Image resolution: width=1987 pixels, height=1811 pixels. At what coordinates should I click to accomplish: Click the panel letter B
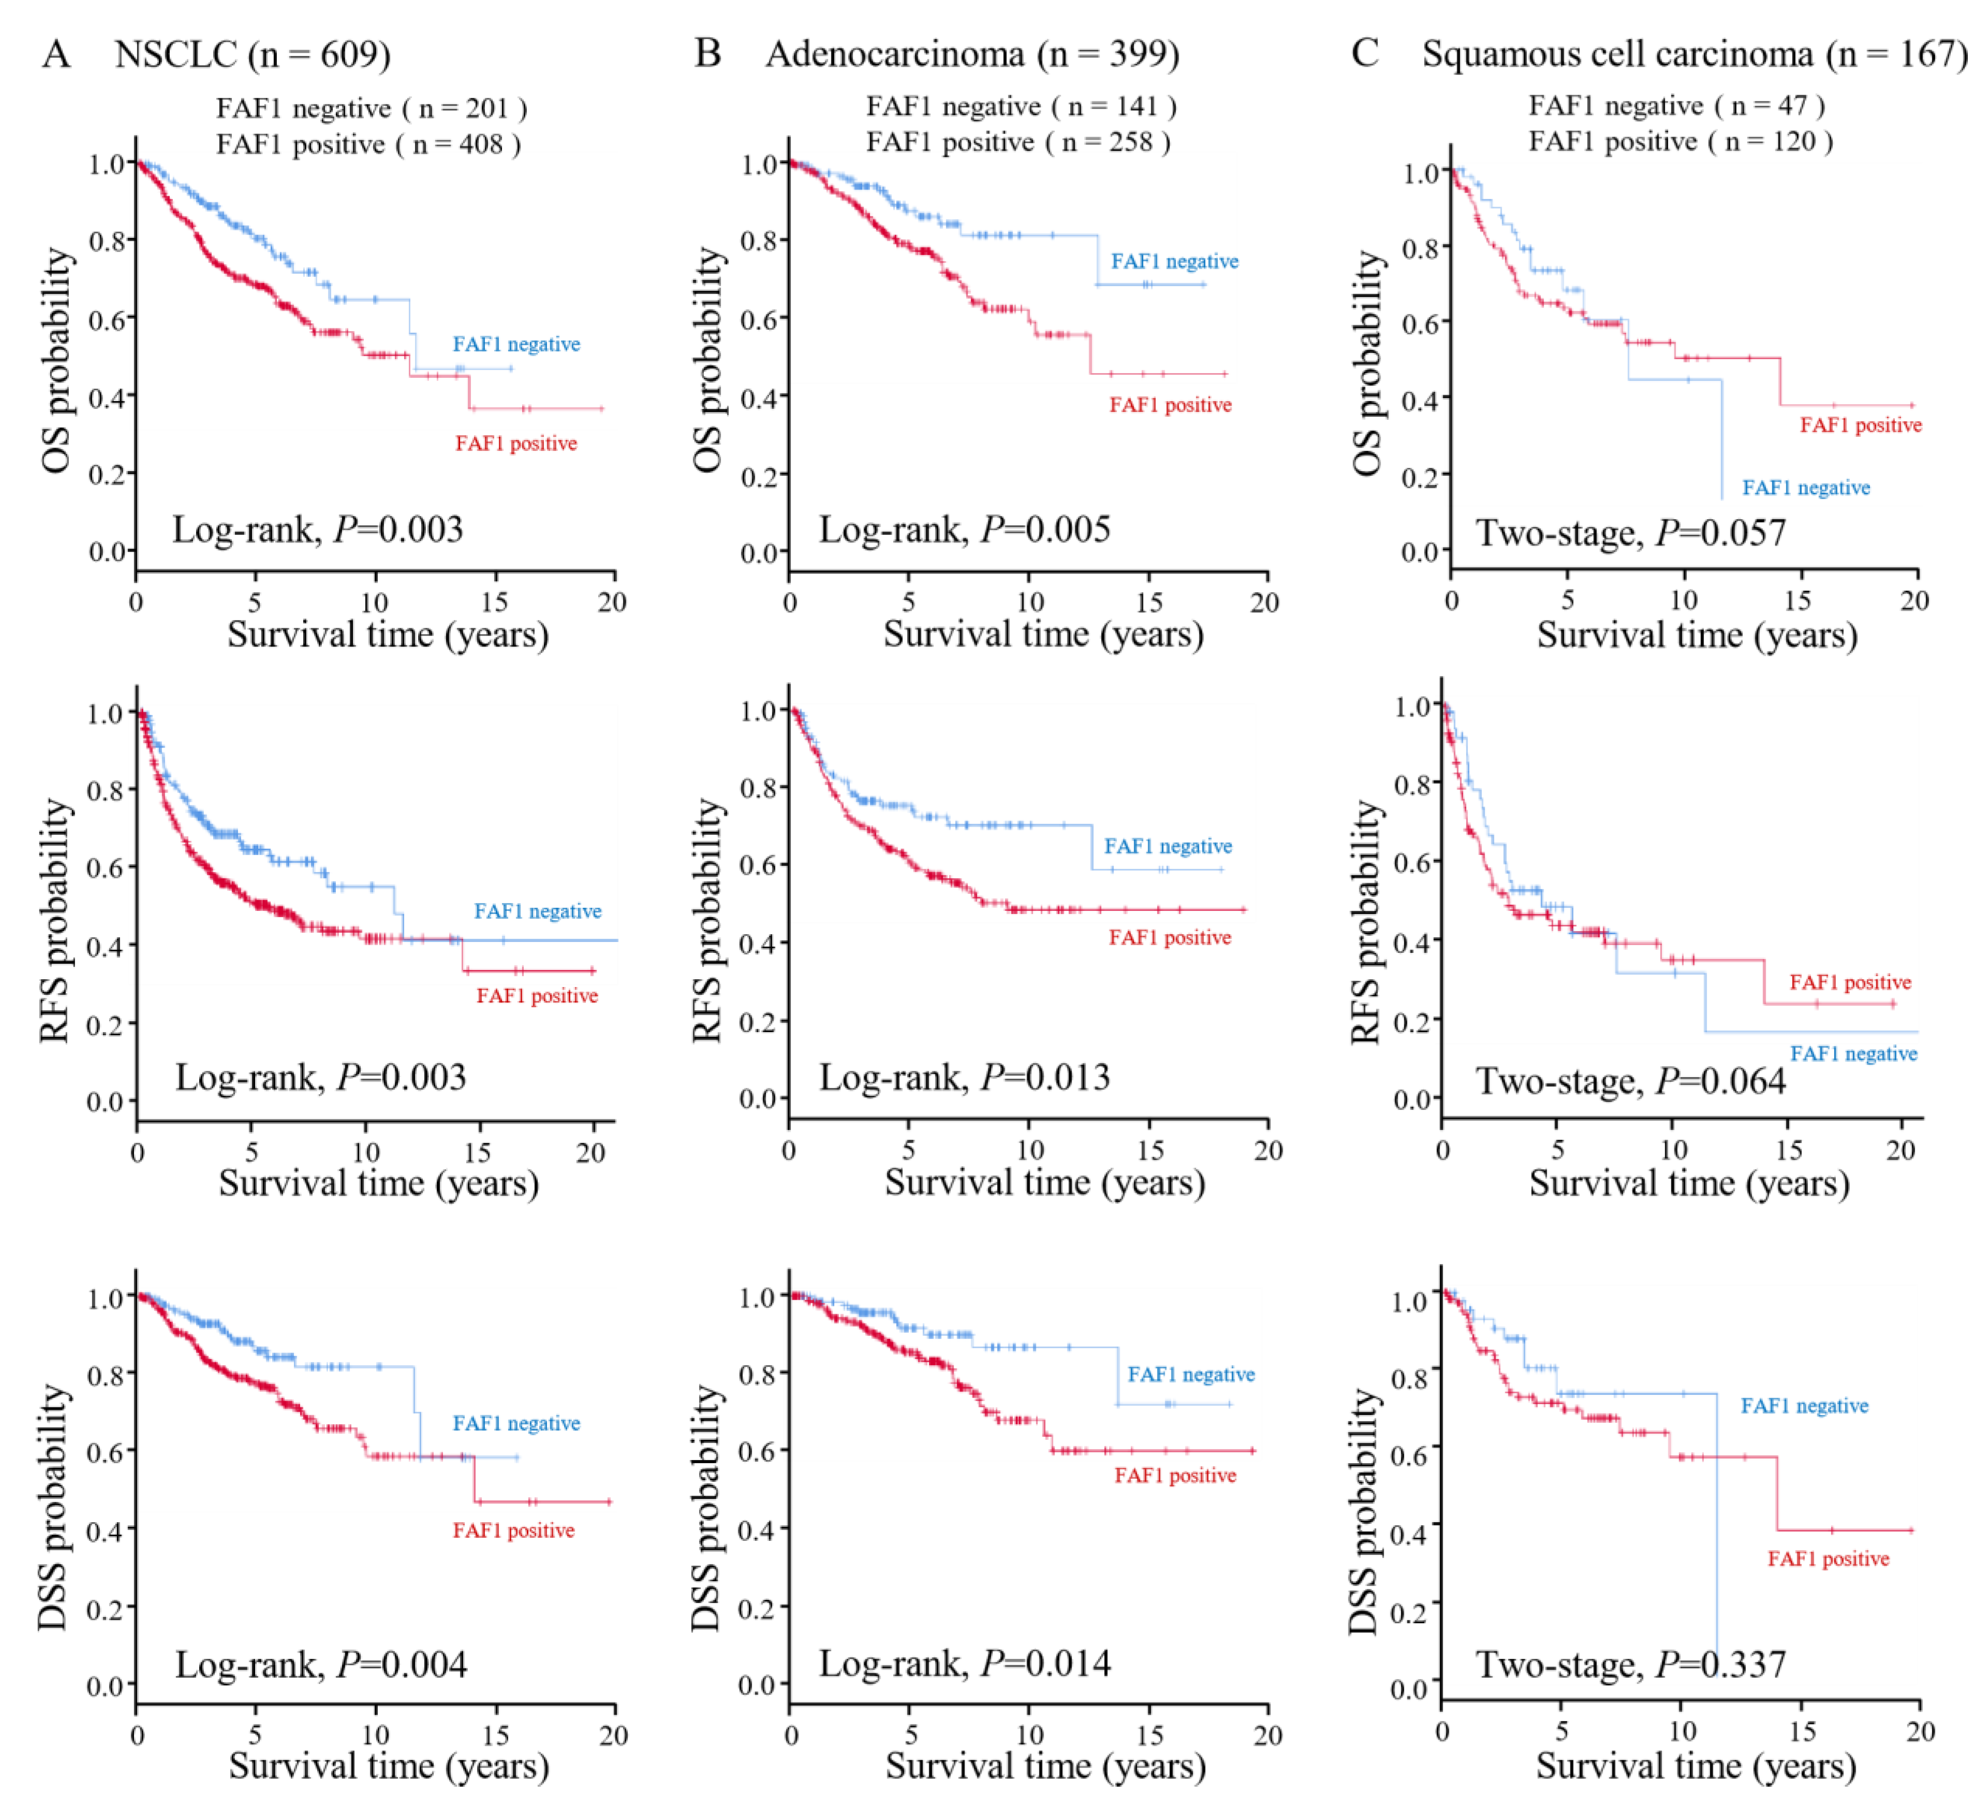[708, 53]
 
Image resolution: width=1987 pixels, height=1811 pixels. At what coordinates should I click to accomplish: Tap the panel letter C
[1364, 53]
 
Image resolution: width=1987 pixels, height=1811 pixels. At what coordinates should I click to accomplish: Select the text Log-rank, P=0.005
[964, 531]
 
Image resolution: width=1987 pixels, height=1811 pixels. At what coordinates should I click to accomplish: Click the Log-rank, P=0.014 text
[964, 1664]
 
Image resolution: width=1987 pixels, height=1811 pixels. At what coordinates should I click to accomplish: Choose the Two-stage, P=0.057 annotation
[1630, 533]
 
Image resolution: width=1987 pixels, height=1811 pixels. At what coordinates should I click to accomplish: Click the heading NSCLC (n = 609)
[253, 54]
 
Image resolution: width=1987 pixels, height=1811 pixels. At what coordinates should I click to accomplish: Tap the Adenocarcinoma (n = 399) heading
[972, 54]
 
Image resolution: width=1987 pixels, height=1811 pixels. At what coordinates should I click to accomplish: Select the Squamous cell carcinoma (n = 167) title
[1694, 54]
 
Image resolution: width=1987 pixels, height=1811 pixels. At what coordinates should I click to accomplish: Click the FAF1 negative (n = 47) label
[1675, 106]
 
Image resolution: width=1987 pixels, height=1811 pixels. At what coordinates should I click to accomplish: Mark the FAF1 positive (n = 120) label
[1681, 142]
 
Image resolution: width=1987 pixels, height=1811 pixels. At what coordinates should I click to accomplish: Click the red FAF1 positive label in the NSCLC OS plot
[515, 444]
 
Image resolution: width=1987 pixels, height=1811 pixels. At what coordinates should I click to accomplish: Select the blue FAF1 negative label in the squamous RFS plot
[1853, 1054]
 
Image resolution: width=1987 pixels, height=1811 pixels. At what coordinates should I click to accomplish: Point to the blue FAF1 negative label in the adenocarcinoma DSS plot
[1191, 1374]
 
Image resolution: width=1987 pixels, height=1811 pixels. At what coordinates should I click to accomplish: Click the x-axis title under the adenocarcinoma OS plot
[1043, 634]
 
